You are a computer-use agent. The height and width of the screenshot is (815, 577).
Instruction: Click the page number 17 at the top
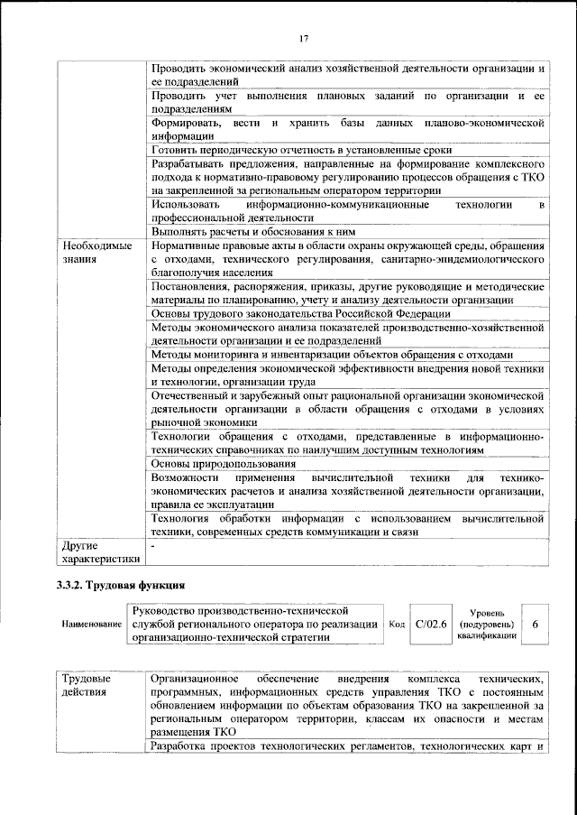click(x=305, y=38)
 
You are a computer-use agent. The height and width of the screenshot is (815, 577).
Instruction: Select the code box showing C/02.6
click(x=431, y=624)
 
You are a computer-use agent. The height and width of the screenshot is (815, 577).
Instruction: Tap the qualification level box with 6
click(x=536, y=624)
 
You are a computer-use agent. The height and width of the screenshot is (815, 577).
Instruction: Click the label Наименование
click(x=92, y=625)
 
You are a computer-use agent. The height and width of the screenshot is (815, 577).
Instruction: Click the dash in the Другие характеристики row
click(x=154, y=545)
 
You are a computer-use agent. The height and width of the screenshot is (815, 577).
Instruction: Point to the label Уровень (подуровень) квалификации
click(x=487, y=624)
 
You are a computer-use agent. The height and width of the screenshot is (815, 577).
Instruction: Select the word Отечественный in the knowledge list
click(x=196, y=395)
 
